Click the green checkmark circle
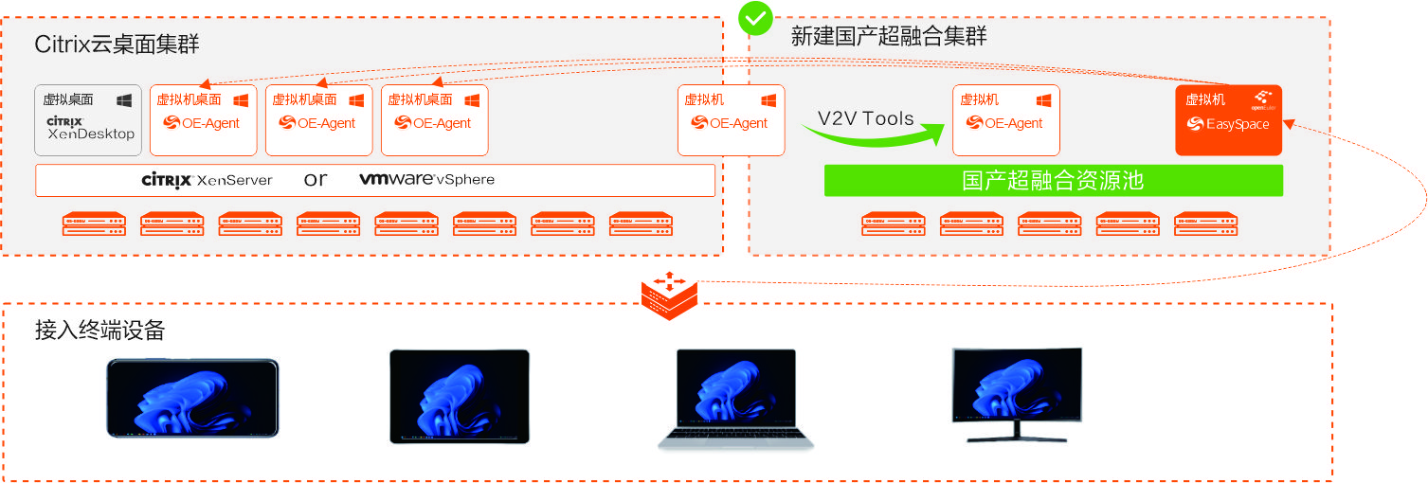pyautogui.click(x=755, y=17)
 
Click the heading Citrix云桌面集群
pyautogui.click(x=117, y=45)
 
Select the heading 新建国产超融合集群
pyautogui.click(x=888, y=37)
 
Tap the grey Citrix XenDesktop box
pyautogui.click(x=88, y=120)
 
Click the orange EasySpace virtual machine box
pyautogui.click(x=1228, y=120)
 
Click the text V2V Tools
pyautogui.click(x=866, y=118)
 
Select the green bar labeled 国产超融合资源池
pyautogui.click(x=1053, y=181)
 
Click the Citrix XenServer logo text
pyautogui.click(x=207, y=180)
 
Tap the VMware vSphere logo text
pyautogui.click(x=426, y=180)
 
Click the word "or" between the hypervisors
pyautogui.click(x=316, y=180)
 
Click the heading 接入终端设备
pyautogui.click(x=99, y=331)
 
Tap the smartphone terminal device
pyautogui.click(x=192, y=398)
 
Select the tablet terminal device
pyautogui.click(x=460, y=397)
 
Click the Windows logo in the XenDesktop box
pyautogui.click(x=124, y=99)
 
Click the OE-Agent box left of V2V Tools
pyautogui.click(x=731, y=120)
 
